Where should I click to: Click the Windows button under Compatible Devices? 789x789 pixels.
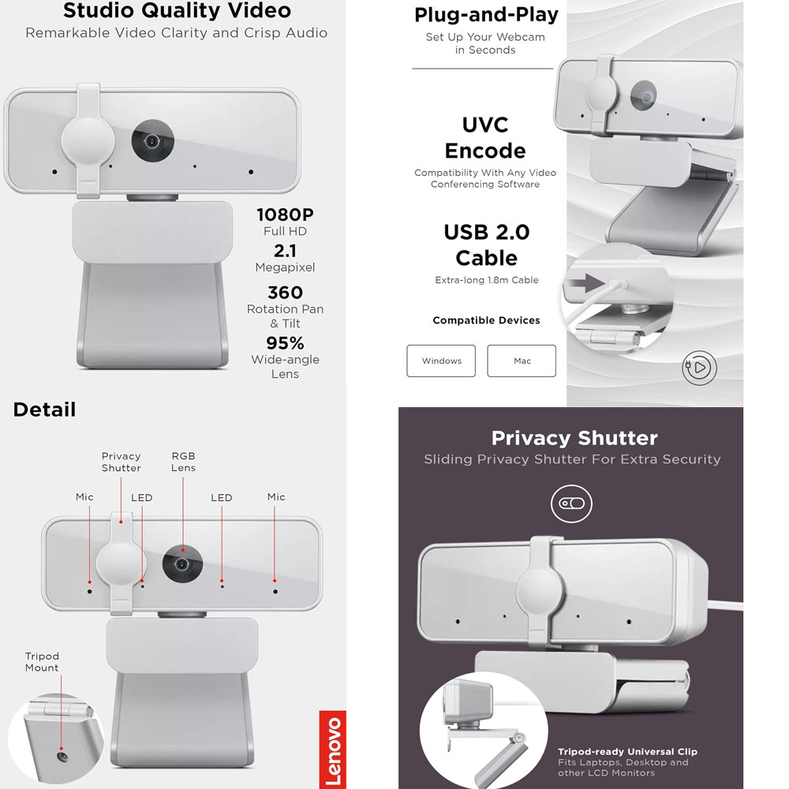pyautogui.click(x=441, y=361)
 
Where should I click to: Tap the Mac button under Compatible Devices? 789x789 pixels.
pyautogui.click(x=522, y=361)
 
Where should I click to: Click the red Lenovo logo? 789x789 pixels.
pyautogui.click(x=332, y=750)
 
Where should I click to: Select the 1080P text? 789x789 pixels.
pyautogui.click(x=285, y=214)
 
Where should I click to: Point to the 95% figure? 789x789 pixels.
pyautogui.click(x=285, y=343)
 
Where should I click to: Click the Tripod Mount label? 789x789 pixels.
pyautogui.click(x=42, y=662)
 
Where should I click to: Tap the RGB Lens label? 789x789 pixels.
pyautogui.click(x=183, y=462)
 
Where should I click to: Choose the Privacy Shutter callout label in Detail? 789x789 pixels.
pyautogui.click(x=121, y=462)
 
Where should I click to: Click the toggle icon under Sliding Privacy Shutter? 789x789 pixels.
pyautogui.click(x=570, y=503)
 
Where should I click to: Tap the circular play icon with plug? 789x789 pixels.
pyautogui.click(x=699, y=367)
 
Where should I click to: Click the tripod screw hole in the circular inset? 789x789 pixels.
pyautogui.click(x=62, y=756)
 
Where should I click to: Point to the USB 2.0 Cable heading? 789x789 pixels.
pyautogui.click(x=486, y=245)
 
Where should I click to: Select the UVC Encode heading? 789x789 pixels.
pyautogui.click(x=485, y=138)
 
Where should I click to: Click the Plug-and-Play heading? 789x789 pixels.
pyautogui.click(x=486, y=14)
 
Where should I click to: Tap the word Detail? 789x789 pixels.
pyautogui.click(x=44, y=409)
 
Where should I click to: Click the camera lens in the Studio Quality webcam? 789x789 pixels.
pyautogui.click(x=152, y=141)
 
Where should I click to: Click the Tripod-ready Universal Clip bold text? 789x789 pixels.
pyautogui.click(x=627, y=752)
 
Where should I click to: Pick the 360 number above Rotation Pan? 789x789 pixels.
pyautogui.click(x=285, y=293)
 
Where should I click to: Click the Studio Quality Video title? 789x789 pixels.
pyautogui.click(x=177, y=11)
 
